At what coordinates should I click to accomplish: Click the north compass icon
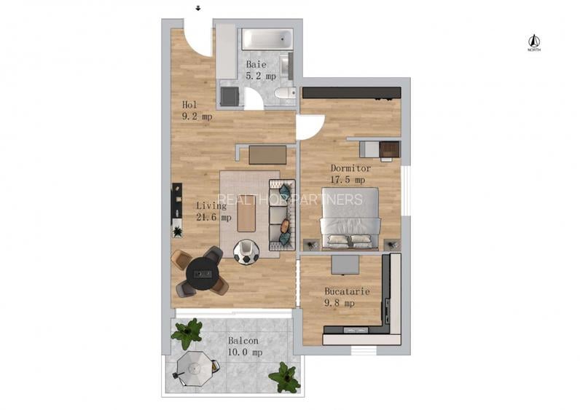click(533, 42)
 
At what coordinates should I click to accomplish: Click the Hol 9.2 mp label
click(196, 110)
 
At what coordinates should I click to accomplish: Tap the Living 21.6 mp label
click(213, 211)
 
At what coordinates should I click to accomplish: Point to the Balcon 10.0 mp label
click(245, 346)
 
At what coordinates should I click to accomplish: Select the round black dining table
click(201, 275)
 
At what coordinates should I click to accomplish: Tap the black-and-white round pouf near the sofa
click(246, 253)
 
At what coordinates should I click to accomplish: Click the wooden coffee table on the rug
click(247, 216)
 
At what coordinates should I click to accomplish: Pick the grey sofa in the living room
click(280, 214)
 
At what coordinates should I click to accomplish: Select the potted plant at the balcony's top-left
click(187, 333)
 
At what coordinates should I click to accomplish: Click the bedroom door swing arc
click(307, 127)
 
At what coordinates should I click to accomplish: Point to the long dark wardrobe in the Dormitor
click(351, 92)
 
